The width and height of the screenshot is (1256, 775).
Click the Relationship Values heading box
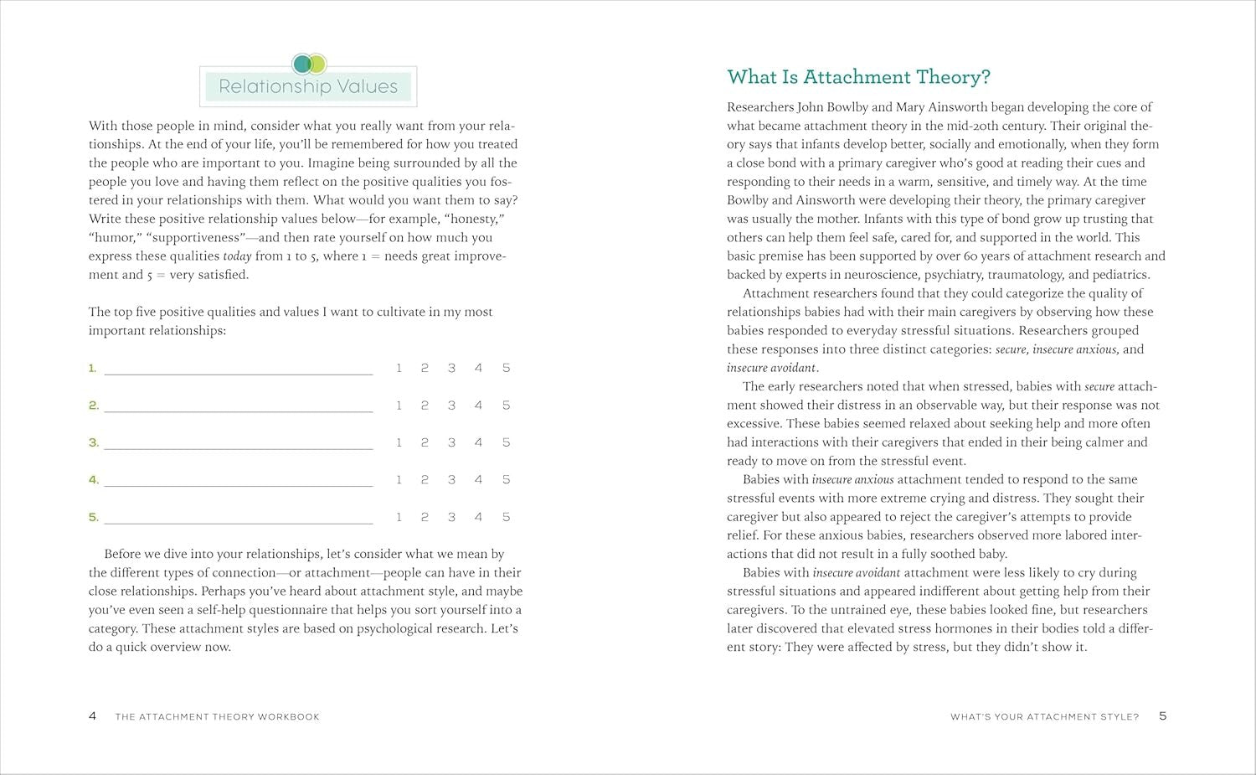point(308,86)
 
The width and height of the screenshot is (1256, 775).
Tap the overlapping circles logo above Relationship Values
point(309,64)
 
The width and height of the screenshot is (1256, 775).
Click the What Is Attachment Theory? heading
point(858,77)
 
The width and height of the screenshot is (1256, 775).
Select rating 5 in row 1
point(506,368)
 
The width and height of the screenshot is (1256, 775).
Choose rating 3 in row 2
point(451,406)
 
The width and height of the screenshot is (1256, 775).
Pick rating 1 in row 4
point(399,480)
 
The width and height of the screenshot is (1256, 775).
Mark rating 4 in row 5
point(478,517)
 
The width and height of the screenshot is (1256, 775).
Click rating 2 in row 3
point(425,442)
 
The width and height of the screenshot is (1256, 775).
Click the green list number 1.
point(93,368)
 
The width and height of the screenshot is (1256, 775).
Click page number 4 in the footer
point(92,716)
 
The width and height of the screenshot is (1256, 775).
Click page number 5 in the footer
point(1162,716)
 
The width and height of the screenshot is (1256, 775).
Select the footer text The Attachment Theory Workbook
point(218,717)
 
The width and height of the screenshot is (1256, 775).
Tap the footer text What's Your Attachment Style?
point(1044,717)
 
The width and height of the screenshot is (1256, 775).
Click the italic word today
point(237,256)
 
